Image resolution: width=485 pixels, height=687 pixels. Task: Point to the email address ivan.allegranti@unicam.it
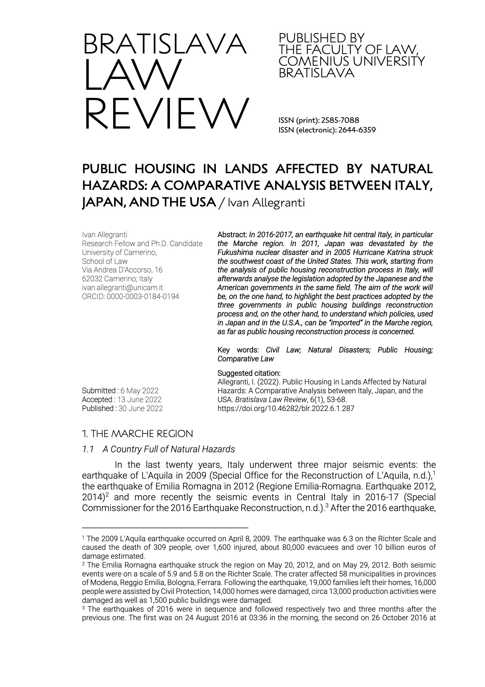tap(122, 288)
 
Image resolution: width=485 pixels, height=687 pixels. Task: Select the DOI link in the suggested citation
tap(286, 408)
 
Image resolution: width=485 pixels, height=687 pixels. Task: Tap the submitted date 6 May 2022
tap(139, 391)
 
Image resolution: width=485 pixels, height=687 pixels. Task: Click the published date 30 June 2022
tap(141, 408)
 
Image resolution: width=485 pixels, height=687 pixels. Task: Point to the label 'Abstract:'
tap(232, 235)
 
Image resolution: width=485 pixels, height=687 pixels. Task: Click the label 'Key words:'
tap(238, 350)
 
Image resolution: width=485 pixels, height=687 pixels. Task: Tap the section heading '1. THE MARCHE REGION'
tap(137, 433)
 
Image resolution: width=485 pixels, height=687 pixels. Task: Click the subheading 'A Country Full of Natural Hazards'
tap(169, 449)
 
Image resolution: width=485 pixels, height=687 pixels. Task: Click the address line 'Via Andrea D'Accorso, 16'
tap(122, 270)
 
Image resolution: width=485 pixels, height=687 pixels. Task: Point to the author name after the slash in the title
tap(266, 203)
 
